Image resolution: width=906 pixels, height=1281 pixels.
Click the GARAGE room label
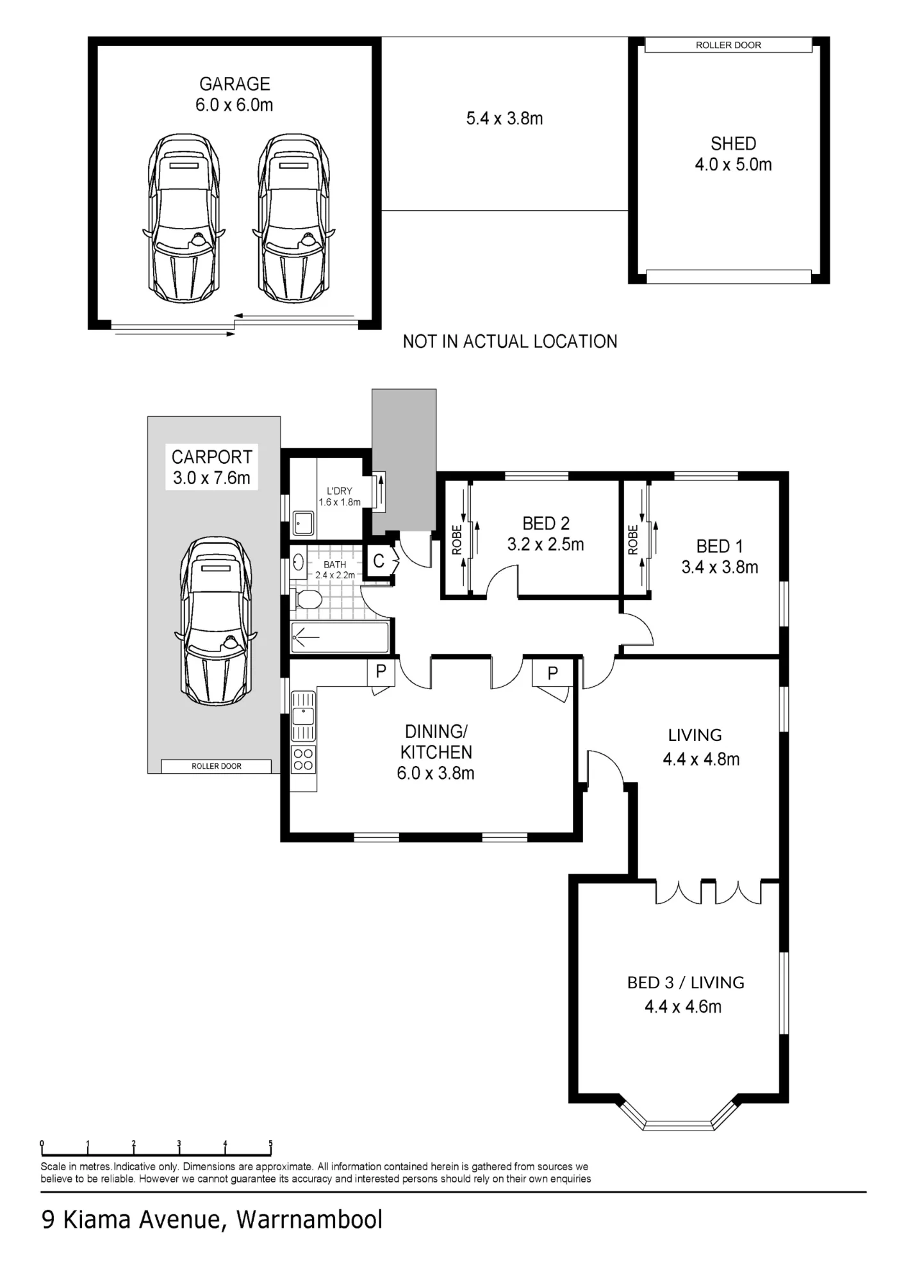point(235,84)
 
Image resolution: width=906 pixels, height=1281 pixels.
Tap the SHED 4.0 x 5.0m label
point(733,154)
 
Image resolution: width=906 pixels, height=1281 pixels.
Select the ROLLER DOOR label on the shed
point(729,45)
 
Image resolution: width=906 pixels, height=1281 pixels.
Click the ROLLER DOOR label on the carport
point(217,766)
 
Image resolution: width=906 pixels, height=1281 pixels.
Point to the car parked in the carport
point(216,620)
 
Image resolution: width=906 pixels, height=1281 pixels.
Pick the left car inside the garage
point(184,218)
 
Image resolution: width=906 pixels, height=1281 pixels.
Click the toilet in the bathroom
point(306,600)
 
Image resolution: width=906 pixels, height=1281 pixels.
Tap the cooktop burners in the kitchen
point(304,760)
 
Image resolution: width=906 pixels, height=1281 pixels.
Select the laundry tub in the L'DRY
point(304,523)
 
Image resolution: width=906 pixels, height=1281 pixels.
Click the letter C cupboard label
point(379,561)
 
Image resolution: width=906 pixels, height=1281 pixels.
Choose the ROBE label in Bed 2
point(457,540)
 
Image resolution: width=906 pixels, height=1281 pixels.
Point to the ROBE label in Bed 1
point(633,540)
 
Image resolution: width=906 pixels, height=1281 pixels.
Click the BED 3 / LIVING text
point(686,983)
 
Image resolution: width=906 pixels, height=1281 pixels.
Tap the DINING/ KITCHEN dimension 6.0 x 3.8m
point(436,773)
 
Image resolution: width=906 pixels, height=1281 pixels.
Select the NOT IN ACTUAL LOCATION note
point(510,341)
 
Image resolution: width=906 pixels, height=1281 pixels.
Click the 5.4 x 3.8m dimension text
point(505,118)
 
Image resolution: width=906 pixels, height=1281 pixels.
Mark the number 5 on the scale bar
point(270,1143)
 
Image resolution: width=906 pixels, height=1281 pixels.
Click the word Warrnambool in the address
point(309,1219)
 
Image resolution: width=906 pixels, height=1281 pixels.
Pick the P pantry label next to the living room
point(552,673)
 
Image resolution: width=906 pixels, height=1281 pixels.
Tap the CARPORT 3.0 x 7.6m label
point(211,467)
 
